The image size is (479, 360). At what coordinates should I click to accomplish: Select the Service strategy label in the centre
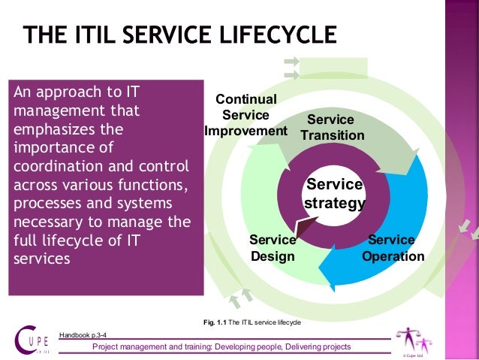(x=334, y=194)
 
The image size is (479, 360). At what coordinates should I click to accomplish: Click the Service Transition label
(x=332, y=128)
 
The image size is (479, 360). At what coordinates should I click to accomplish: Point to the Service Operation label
(x=393, y=248)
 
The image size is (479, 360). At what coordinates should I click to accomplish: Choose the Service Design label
(x=273, y=248)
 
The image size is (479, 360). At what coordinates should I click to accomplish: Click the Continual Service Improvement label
(x=246, y=115)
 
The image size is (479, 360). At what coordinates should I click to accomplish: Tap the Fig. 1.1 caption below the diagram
(x=252, y=322)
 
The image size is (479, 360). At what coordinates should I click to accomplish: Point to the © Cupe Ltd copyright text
(x=414, y=354)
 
